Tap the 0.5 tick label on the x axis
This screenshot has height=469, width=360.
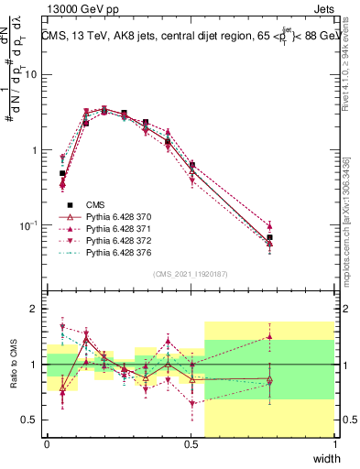point(191,444)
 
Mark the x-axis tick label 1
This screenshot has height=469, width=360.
point(335,444)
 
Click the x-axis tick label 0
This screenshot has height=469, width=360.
point(47,444)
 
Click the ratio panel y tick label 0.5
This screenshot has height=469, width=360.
point(31,420)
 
